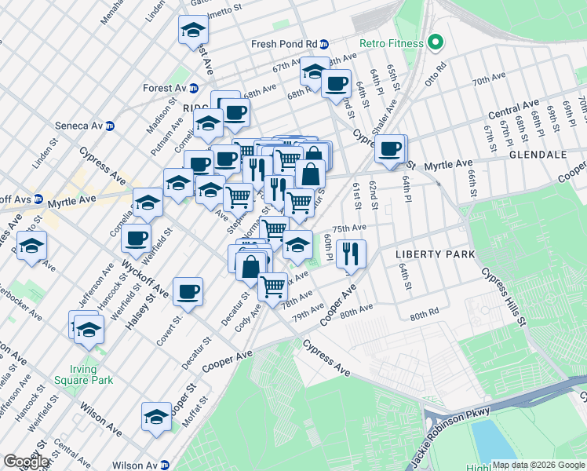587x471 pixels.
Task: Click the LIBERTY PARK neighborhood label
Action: [x=436, y=254]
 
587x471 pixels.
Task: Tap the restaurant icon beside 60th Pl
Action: [x=352, y=254]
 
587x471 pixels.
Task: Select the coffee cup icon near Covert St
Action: [x=188, y=292]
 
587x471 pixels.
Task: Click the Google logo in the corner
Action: [x=26, y=462]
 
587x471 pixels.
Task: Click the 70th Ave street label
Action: [x=488, y=79]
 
